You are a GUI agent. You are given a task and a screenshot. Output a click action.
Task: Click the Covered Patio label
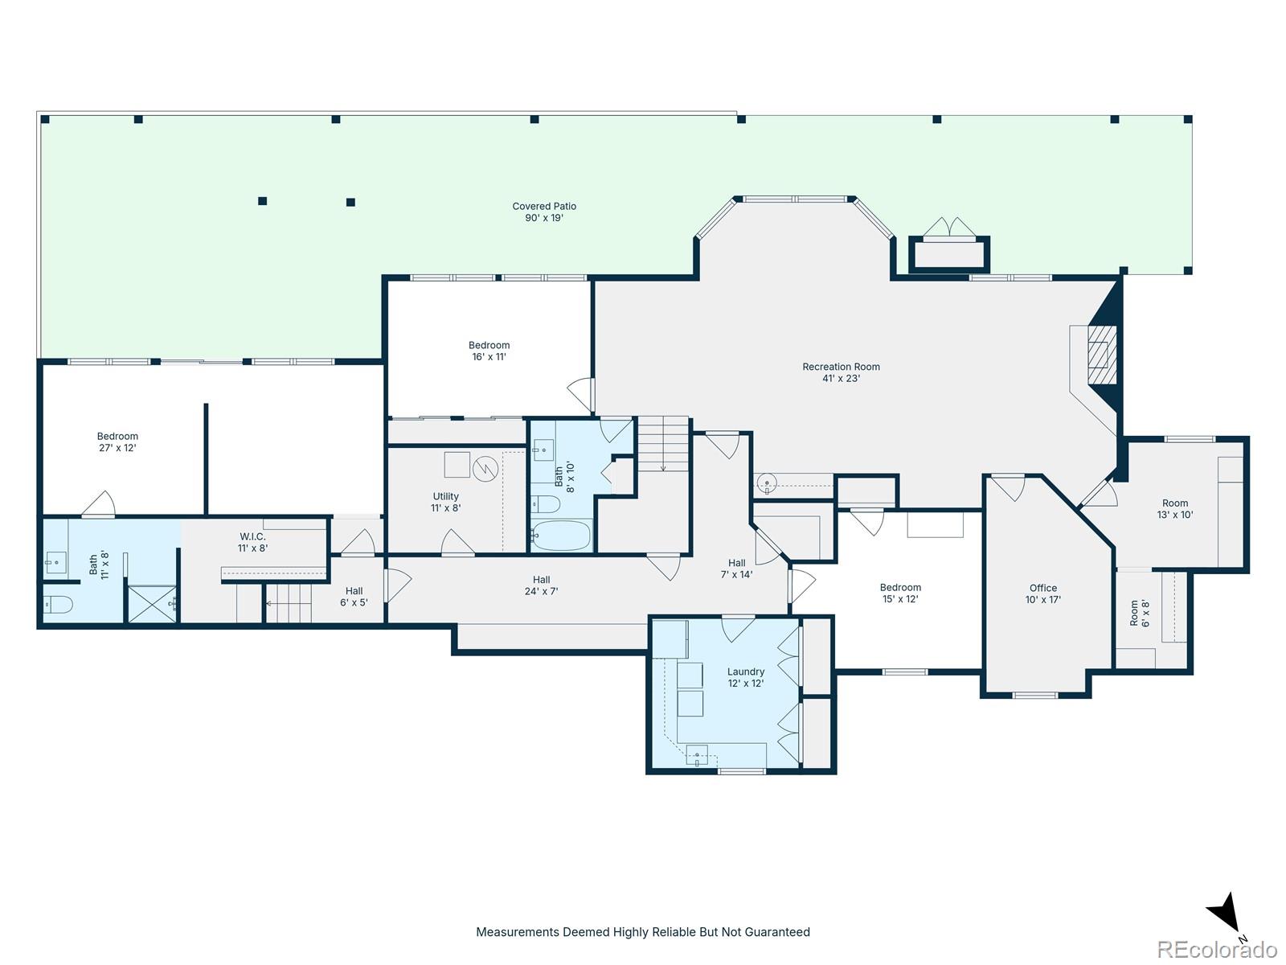(543, 211)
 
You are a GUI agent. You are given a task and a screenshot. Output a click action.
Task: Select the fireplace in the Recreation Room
(1101, 354)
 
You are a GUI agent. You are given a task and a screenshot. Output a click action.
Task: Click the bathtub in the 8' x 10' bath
(561, 535)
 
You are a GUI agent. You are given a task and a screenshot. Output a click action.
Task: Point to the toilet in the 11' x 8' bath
(57, 603)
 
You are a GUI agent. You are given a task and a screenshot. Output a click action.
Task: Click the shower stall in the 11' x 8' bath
(152, 603)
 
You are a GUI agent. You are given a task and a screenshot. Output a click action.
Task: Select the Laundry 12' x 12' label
(745, 677)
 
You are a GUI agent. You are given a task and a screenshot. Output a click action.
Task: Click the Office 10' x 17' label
(1042, 593)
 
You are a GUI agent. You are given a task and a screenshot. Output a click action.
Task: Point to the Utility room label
(445, 502)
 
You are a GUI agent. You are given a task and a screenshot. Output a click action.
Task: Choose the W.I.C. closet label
(252, 542)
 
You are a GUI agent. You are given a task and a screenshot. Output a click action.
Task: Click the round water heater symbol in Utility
(485, 469)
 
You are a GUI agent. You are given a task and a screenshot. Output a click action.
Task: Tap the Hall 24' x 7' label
(541, 585)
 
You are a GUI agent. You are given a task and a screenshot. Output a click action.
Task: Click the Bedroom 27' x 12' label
(117, 441)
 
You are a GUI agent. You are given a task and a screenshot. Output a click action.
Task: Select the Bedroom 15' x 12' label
(900, 593)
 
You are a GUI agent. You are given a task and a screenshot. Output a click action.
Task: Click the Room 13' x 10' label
(1175, 508)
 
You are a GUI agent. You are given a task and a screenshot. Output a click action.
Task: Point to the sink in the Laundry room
(697, 755)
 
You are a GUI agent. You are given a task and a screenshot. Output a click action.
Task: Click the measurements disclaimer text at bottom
(643, 931)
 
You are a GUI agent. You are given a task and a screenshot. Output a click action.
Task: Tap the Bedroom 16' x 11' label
(489, 351)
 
